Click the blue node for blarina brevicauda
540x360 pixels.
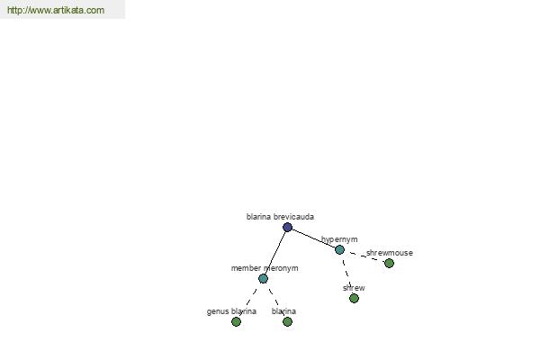click(x=288, y=227)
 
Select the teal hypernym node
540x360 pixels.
click(x=339, y=249)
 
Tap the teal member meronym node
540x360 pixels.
click(x=263, y=278)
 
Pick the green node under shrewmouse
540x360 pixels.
click(x=389, y=263)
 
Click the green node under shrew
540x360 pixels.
click(x=354, y=298)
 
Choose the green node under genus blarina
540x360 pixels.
click(x=236, y=322)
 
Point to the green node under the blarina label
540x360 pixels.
click(x=288, y=322)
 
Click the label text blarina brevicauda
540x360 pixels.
click(x=280, y=217)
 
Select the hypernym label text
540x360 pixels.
click(x=339, y=239)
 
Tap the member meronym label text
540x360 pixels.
click(x=265, y=268)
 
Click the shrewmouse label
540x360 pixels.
click(x=390, y=253)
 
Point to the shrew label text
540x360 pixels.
click(x=354, y=288)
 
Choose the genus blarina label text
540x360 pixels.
click(x=231, y=311)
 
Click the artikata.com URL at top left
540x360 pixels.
click(x=56, y=10)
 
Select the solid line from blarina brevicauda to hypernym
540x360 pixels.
click(x=313, y=238)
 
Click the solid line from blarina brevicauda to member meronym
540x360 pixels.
click(x=275, y=253)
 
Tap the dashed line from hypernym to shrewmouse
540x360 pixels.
click(x=364, y=256)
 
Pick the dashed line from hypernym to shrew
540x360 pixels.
click(x=346, y=274)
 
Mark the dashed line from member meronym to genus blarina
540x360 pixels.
click(x=249, y=300)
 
